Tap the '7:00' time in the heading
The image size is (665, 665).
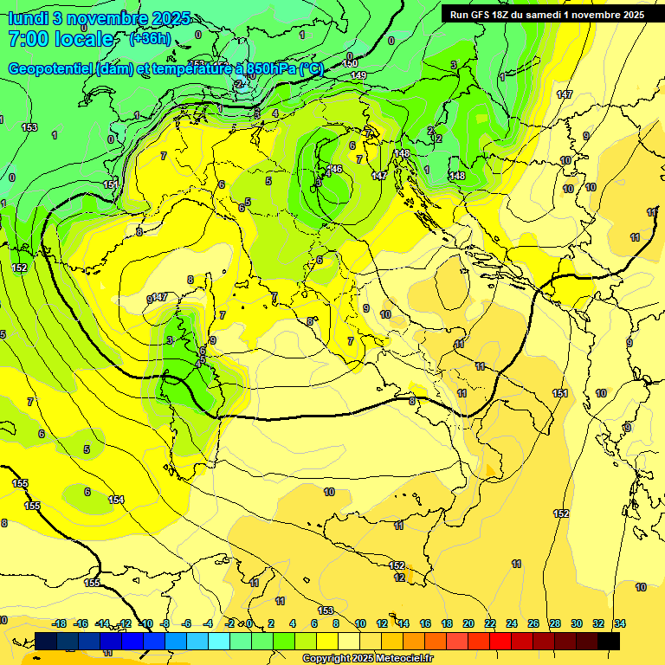pyautogui.click(x=32, y=39)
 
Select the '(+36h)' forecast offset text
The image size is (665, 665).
pyautogui.click(x=151, y=39)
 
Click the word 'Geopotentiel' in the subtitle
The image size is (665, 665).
pyautogui.click(x=51, y=69)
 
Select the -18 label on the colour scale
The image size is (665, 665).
pyautogui.click(x=60, y=623)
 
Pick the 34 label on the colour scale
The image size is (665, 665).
pyautogui.click(x=619, y=623)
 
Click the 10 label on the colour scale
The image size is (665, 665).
pyautogui.click(x=360, y=623)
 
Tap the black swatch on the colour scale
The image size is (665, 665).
pyautogui.click(x=609, y=641)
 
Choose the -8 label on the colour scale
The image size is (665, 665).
pyautogui.click(x=166, y=623)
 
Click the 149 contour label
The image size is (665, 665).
pyautogui.click(x=358, y=76)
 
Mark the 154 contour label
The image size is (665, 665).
pyautogui.click(x=116, y=500)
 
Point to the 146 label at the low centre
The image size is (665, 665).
pyautogui.click(x=335, y=169)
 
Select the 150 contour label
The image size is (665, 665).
pyautogui.click(x=351, y=63)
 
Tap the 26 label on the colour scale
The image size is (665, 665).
pyautogui.click(x=533, y=623)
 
